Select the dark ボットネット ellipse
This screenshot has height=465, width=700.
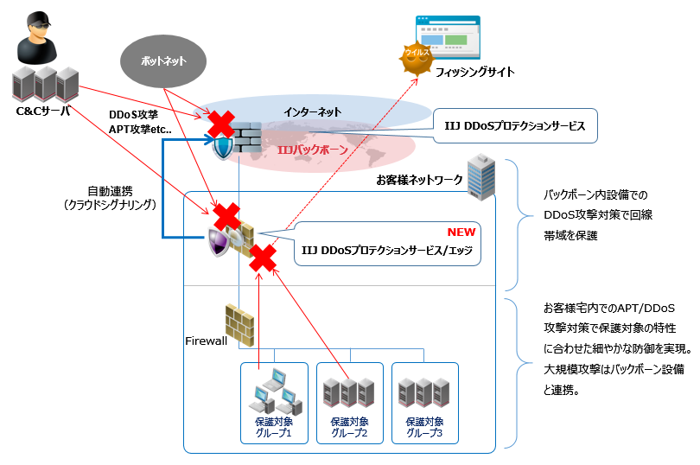(164, 61)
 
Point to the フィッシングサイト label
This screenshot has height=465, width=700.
(474, 73)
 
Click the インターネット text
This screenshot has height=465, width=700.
(313, 111)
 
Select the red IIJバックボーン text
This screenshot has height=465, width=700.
(312, 150)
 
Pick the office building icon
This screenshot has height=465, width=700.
(479, 176)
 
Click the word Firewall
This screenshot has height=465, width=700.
(206, 341)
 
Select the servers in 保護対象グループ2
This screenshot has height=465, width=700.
(349, 393)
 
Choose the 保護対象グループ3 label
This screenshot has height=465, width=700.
(424, 428)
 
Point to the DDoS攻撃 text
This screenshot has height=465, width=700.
(131, 114)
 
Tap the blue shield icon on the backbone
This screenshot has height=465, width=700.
(224, 147)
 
